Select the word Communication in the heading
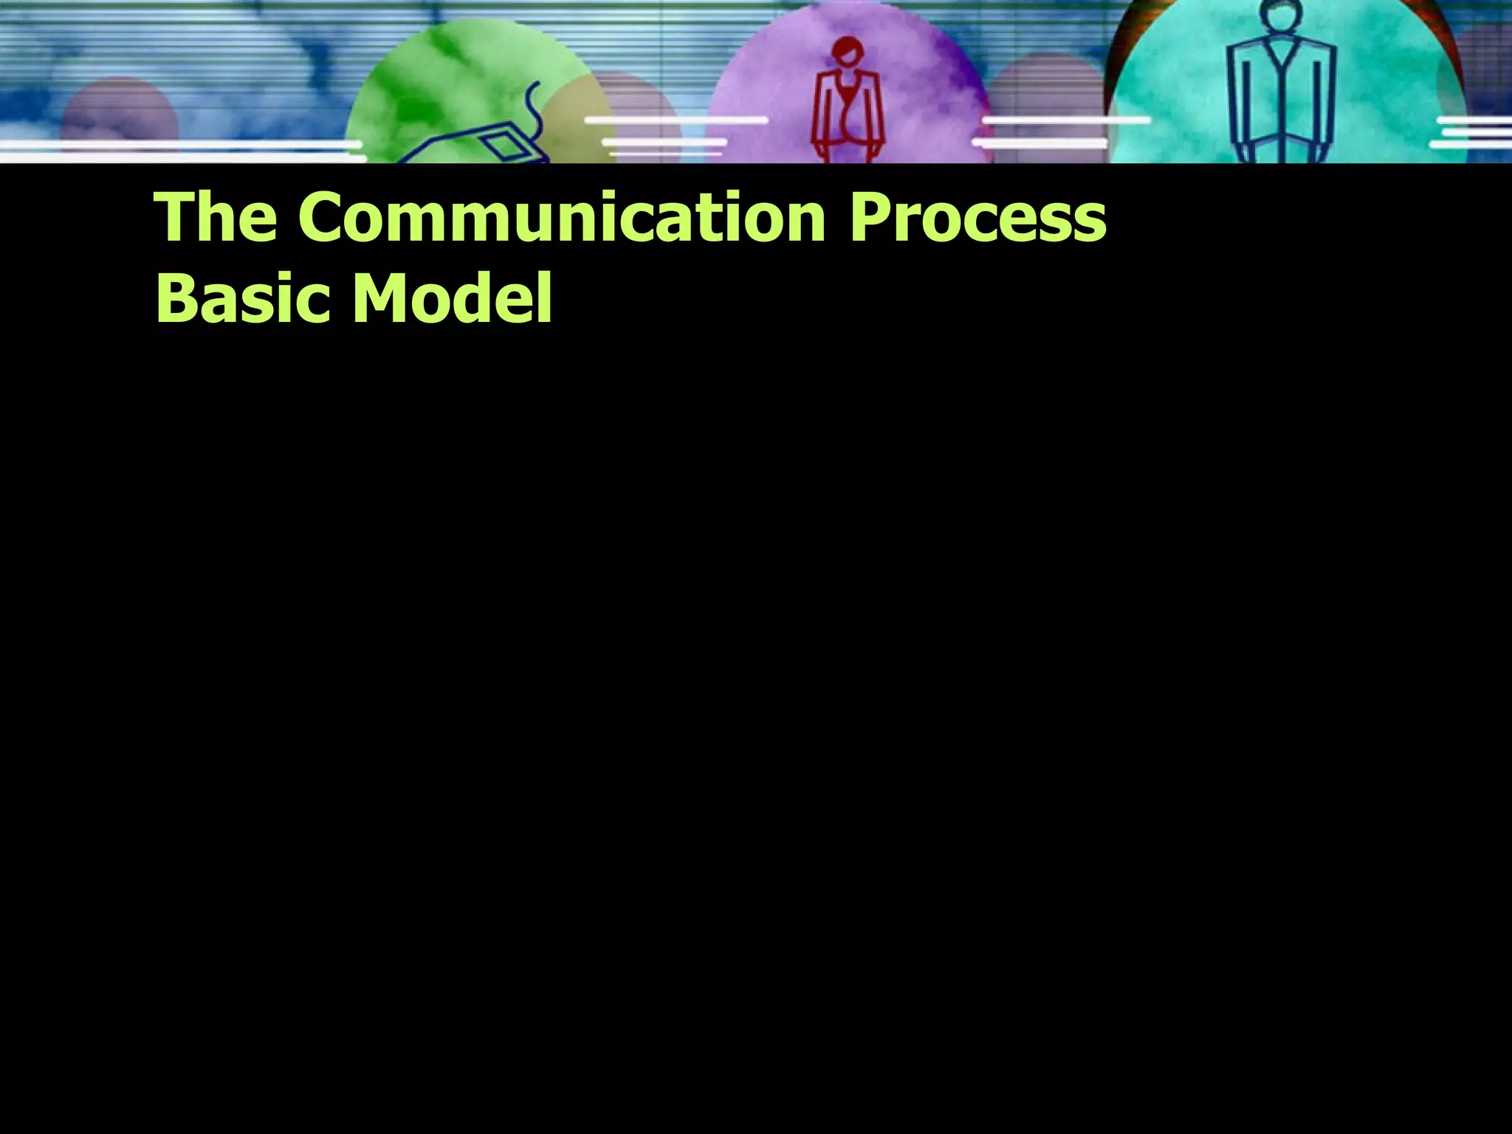(x=562, y=217)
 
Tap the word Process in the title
(x=977, y=219)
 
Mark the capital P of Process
(x=872, y=217)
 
